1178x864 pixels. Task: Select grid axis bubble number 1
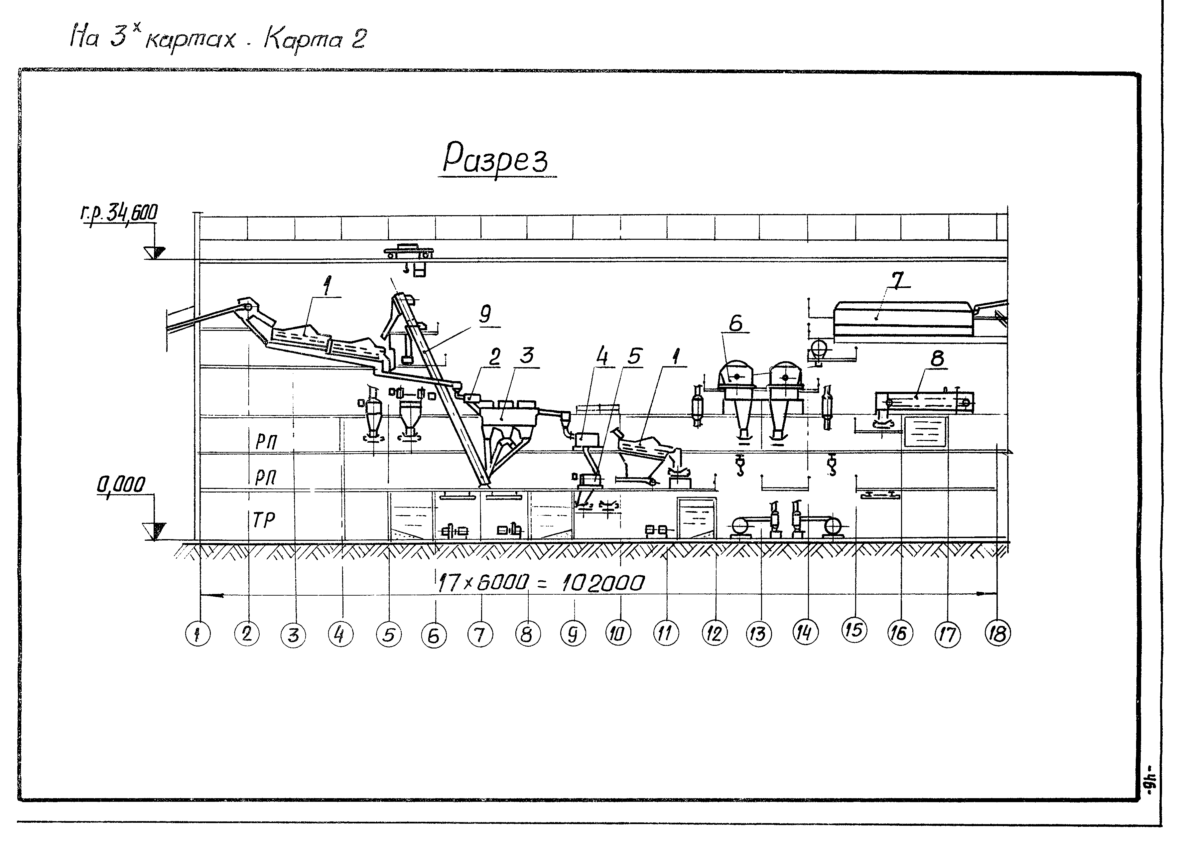(197, 635)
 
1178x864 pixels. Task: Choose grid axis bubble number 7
(480, 635)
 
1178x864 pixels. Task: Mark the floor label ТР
(264, 519)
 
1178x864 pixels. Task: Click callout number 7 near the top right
(897, 281)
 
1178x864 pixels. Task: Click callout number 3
(527, 355)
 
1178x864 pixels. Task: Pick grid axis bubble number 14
(804, 633)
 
